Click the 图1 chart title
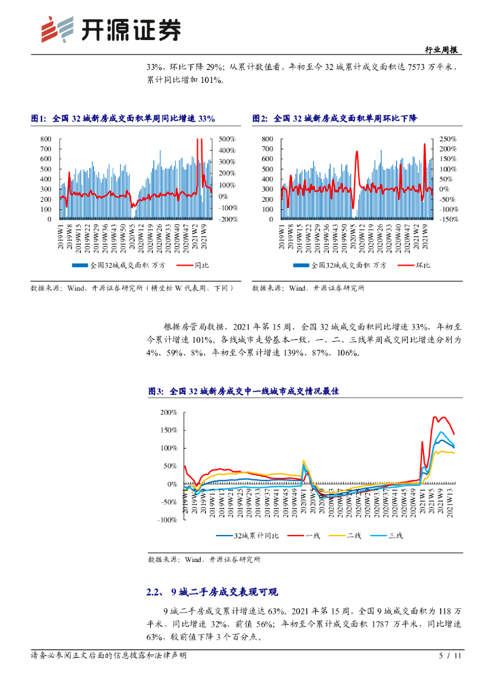(x=123, y=118)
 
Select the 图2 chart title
(x=325, y=118)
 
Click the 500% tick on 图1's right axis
(x=227, y=139)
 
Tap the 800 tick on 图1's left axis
(x=46, y=139)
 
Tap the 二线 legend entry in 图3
(x=346, y=536)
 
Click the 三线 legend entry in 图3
(x=387, y=536)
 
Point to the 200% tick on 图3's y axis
(x=168, y=413)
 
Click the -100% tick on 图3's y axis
(x=166, y=520)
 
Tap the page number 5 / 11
(x=451, y=656)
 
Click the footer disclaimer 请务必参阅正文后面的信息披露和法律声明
(x=109, y=656)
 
